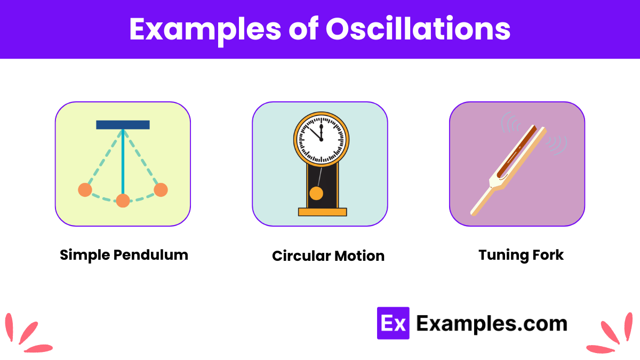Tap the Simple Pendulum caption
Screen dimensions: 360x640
tap(124, 255)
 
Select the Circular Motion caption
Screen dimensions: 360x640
tap(328, 256)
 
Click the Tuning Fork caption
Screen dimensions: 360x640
tap(521, 255)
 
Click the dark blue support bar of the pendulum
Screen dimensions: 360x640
tap(123, 125)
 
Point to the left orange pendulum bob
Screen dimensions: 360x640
tap(85, 190)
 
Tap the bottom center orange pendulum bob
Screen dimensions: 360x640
tap(123, 201)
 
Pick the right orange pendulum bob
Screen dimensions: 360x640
tap(161, 190)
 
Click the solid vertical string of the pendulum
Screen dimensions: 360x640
tap(123, 160)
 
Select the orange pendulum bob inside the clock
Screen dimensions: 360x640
tap(316, 193)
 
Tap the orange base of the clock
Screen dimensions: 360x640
tap(322, 212)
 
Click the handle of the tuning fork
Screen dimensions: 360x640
tap(480, 202)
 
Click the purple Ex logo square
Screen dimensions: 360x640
tap(393, 323)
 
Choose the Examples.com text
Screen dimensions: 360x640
tap(491, 323)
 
